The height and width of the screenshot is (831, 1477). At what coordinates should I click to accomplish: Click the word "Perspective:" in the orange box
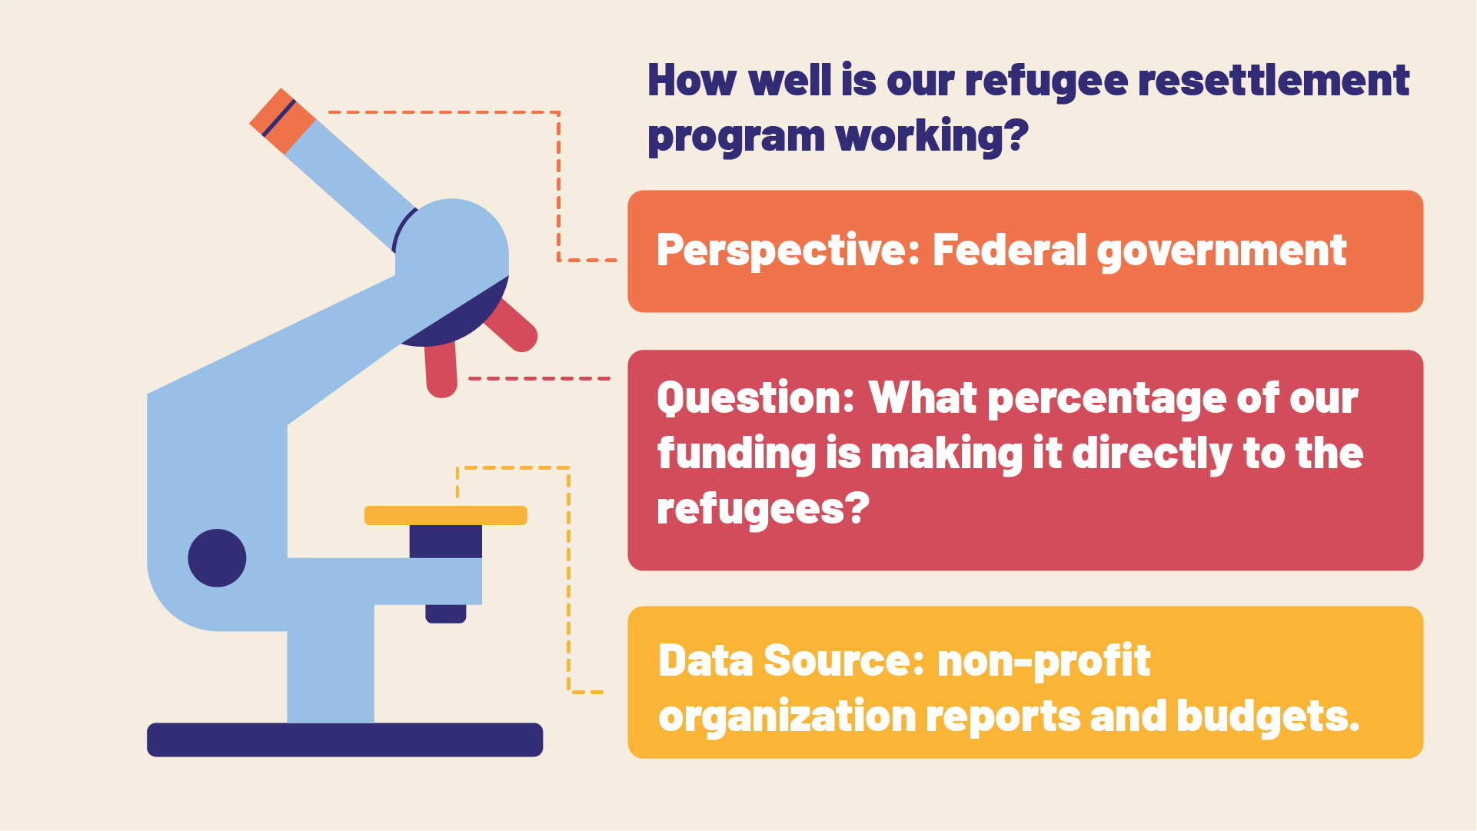[x=788, y=251]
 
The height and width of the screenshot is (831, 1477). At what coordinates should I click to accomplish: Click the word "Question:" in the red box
[x=756, y=399]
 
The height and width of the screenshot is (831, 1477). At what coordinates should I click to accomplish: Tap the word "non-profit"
[x=1043, y=662]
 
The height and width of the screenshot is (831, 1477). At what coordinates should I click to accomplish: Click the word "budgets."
[x=1268, y=717]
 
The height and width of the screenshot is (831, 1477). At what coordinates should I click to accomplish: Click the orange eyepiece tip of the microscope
[x=282, y=121]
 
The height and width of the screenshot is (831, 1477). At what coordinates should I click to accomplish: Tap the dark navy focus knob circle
[x=217, y=558]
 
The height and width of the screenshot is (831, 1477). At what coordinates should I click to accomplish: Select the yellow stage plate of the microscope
[x=446, y=515]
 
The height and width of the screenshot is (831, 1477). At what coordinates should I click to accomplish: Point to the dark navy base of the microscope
[x=345, y=740]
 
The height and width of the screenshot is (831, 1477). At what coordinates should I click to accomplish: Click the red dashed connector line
[x=539, y=378]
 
